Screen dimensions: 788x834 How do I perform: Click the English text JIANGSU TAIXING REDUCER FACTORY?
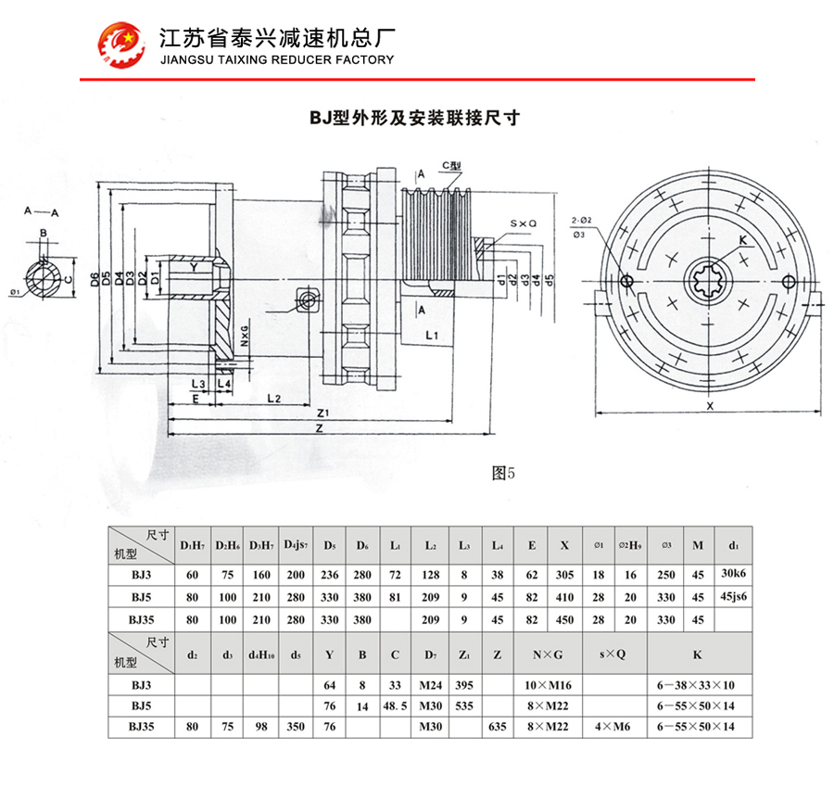pos(277,59)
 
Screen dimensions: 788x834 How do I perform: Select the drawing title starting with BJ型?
pos(414,118)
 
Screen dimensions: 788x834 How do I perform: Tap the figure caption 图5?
pos(501,472)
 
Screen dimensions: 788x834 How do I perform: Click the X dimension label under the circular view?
pos(709,406)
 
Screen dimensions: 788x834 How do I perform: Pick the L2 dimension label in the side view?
pos(273,398)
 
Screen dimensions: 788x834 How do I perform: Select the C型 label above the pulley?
pos(451,166)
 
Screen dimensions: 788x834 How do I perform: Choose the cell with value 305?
pos(564,575)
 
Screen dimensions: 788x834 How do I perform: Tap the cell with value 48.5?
pos(395,705)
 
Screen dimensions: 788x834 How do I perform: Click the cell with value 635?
pos(498,727)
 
